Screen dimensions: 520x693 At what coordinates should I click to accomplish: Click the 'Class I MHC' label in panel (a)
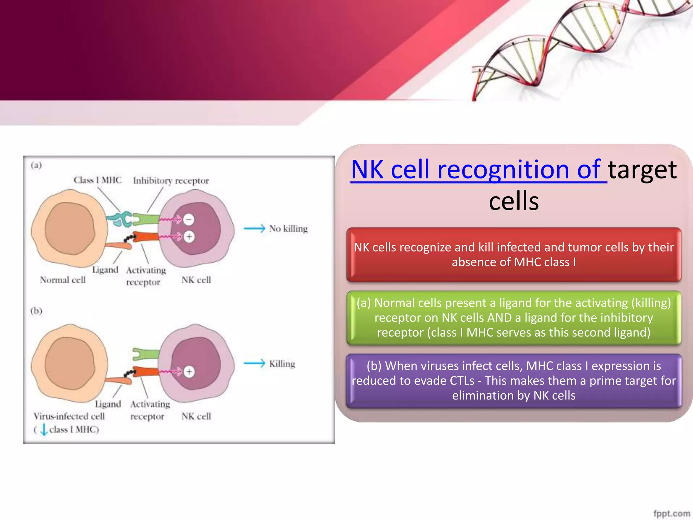click(97, 180)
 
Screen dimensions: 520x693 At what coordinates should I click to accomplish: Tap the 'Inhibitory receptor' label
click(171, 181)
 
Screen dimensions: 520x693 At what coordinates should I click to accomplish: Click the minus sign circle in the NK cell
click(189, 219)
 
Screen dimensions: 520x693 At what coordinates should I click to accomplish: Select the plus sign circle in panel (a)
click(189, 236)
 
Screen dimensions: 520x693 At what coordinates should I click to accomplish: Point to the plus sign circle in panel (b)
click(189, 372)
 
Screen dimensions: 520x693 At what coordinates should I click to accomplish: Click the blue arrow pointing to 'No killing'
click(254, 229)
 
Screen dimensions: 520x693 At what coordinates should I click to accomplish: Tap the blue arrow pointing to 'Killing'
click(254, 363)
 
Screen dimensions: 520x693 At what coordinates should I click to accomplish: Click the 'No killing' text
click(288, 229)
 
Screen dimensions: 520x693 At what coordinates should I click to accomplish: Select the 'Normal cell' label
click(63, 280)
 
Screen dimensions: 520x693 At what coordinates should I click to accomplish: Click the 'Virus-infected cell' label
click(69, 416)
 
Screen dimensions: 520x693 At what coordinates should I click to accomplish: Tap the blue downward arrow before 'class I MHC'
click(44, 430)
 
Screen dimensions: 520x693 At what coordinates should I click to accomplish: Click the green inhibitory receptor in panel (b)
click(146, 354)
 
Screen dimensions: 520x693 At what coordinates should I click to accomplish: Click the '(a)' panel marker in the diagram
click(36, 165)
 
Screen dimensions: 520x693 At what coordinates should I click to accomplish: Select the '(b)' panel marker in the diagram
click(36, 311)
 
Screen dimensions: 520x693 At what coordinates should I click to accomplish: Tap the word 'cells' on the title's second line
click(514, 201)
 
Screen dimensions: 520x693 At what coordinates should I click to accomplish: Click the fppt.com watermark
click(671, 513)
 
